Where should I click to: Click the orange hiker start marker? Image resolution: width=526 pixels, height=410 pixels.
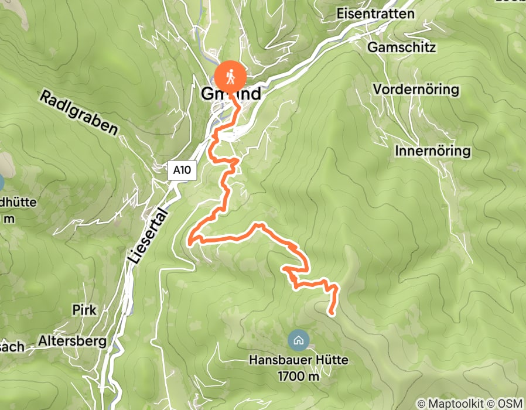point(230,76)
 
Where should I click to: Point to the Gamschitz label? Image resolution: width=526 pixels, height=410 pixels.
point(402,47)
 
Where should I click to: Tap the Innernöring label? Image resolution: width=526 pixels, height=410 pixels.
point(433,151)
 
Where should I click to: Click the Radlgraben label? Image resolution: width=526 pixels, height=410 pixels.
point(79,113)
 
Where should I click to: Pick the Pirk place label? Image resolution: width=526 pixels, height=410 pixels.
point(84,309)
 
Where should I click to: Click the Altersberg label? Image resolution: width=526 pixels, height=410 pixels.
point(72,340)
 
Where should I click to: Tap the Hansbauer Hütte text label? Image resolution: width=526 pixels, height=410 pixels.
point(299,361)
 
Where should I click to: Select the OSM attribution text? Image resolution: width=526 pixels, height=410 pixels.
point(510,404)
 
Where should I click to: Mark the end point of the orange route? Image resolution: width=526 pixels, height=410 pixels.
point(332,314)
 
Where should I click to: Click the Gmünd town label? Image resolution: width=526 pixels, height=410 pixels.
point(231,94)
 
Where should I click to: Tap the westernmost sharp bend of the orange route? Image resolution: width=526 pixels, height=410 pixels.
point(190,241)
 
